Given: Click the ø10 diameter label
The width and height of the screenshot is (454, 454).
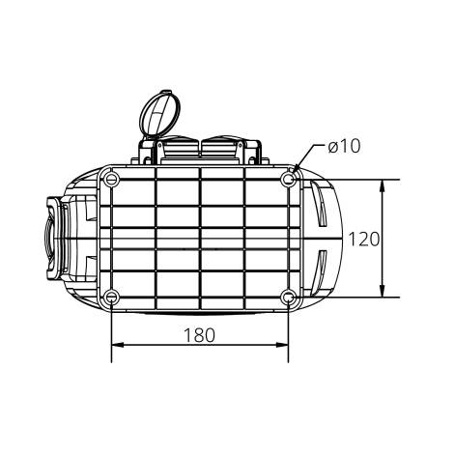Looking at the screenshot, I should (x=343, y=147).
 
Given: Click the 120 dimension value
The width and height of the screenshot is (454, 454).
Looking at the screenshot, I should (x=364, y=239).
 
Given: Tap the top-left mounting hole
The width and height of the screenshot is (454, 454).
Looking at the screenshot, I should (x=113, y=180).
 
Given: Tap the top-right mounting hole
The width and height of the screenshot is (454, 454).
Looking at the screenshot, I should (x=289, y=180).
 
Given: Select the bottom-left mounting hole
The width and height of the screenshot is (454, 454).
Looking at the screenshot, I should (x=113, y=297).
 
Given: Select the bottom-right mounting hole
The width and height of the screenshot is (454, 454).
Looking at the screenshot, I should (x=289, y=297).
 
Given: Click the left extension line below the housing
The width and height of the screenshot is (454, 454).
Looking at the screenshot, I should (x=112, y=333).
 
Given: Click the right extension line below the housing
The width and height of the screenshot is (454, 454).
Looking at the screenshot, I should (x=289, y=333).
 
